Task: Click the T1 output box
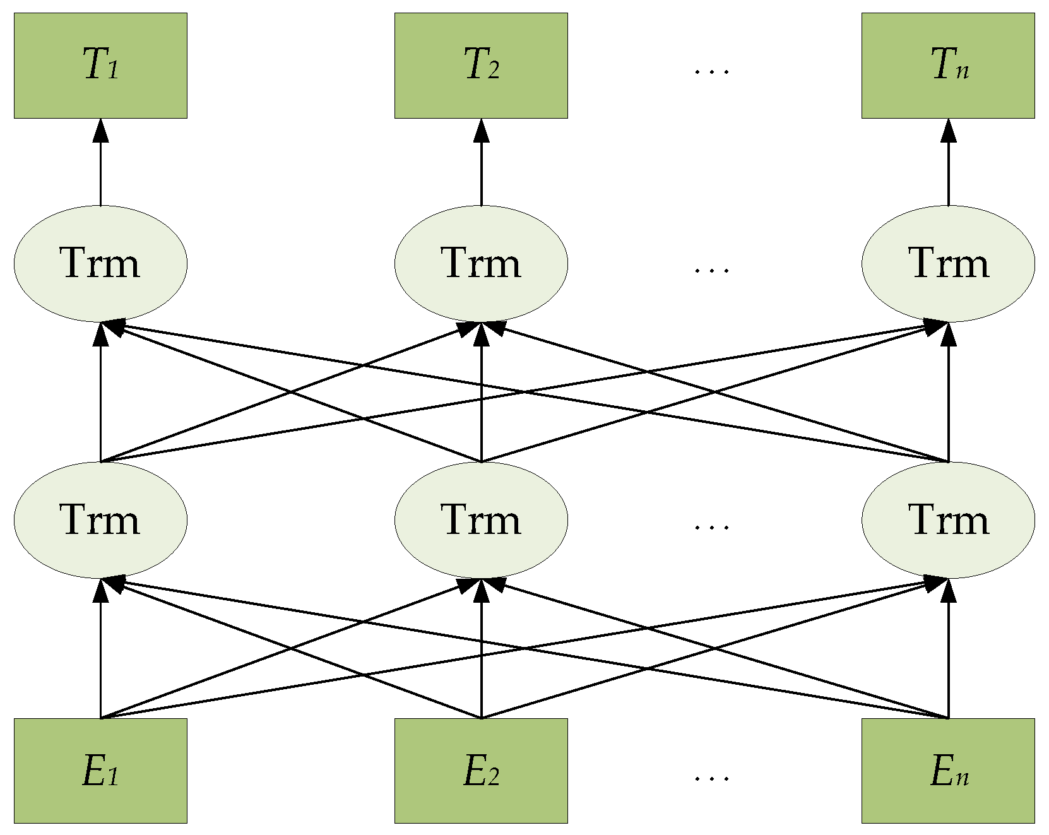pos(100,66)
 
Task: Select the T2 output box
pos(481,66)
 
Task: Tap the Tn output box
pos(948,66)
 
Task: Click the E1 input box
pos(100,771)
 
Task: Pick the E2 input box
pos(481,771)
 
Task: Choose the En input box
pos(948,771)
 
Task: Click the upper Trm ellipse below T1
pos(100,263)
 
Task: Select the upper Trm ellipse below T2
pos(481,263)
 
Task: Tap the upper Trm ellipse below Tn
pos(948,263)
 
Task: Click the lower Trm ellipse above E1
pos(100,520)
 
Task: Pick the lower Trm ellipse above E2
pos(481,520)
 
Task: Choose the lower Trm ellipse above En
pos(948,520)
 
